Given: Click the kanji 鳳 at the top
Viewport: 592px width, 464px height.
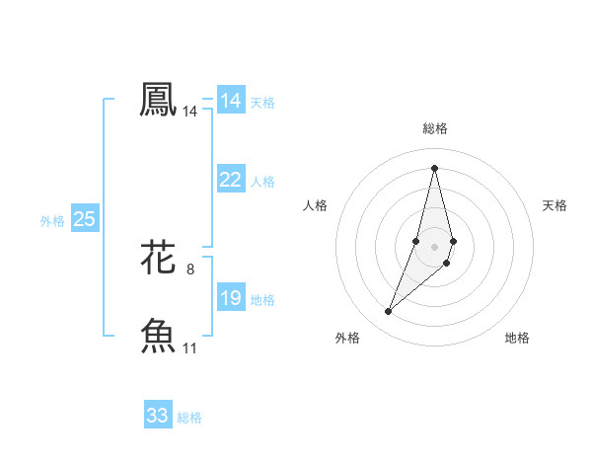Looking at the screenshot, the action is click(x=158, y=100).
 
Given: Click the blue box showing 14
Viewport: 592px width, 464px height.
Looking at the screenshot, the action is click(x=231, y=101).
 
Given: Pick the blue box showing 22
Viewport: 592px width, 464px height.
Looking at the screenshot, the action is click(x=231, y=180).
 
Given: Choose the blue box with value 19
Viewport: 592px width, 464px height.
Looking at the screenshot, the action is click(x=231, y=298).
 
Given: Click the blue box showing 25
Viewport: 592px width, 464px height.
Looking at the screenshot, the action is click(x=85, y=219).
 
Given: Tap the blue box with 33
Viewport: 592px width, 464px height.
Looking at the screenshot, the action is click(x=158, y=416).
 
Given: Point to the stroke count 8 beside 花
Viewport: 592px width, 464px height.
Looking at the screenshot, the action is click(x=190, y=269).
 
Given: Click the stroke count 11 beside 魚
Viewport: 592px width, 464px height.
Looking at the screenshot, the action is click(x=190, y=348).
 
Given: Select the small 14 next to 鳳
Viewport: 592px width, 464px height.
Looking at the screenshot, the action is click(x=190, y=113).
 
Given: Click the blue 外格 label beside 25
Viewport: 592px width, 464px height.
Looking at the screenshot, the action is click(x=52, y=221).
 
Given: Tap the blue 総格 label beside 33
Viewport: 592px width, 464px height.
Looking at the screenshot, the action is click(x=189, y=418).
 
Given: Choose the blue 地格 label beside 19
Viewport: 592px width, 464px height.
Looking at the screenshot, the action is click(x=262, y=300).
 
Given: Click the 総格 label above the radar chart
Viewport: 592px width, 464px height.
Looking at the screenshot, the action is click(x=435, y=128).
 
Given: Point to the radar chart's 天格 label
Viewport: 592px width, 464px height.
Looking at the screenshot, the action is click(x=555, y=205).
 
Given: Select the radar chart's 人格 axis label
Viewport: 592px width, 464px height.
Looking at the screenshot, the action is click(x=315, y=205).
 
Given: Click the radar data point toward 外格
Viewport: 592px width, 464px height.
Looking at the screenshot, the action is click(x=389, y=312).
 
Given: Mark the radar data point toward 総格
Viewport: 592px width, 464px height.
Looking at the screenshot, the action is click(x=435, y=168).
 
